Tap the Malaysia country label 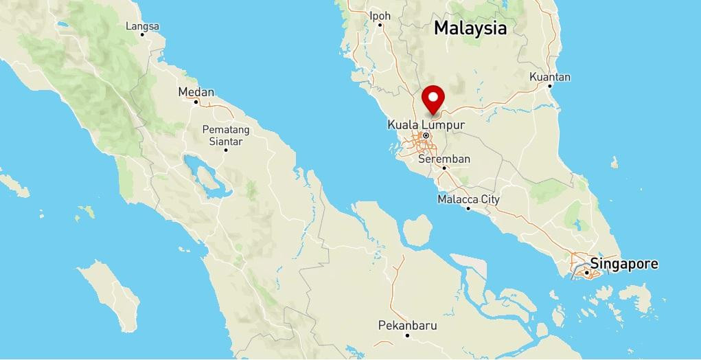tap(470, 28)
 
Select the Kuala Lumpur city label tap(426, 125)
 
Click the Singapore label tap(624, 264)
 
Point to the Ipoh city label tap(380, 15)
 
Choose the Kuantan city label tap(549, 77)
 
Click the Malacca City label tap(468, 199)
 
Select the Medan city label tap(196, 92)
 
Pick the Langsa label tap(143, 27)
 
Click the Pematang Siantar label tap(226, 135)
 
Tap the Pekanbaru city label tap(407, 325)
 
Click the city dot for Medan tap(196, 102)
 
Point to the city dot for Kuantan tap(549, 87)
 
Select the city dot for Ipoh tap(380, 25)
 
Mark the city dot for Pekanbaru tap(407, 335)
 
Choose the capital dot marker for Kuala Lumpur tap(426, 135)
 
